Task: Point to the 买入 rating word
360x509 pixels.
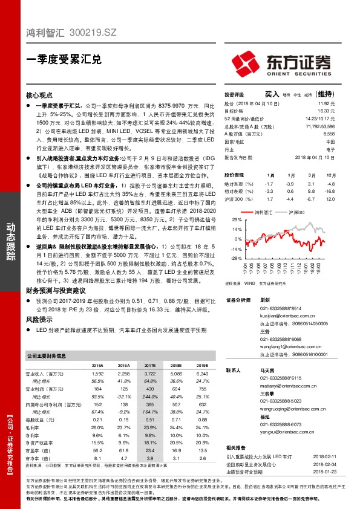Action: [272, 95]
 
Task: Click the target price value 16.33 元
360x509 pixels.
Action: [326, 111]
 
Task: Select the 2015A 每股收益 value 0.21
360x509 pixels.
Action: [97, 419]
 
